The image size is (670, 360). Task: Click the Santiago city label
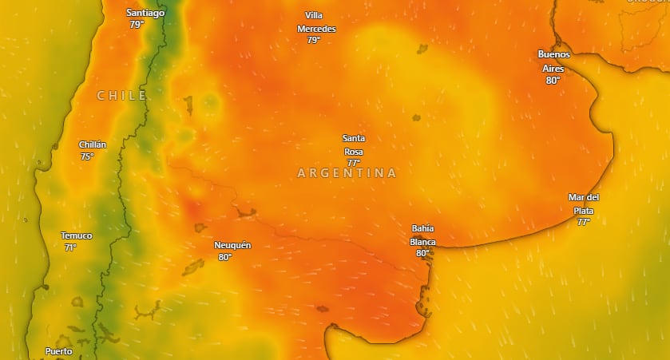145,13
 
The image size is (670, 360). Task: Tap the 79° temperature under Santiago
137,25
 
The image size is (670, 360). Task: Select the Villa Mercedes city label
316,22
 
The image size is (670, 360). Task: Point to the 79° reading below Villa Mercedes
313,40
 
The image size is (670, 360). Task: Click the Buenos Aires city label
553,61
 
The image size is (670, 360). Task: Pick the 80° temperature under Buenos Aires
553,81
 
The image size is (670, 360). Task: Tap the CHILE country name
121,96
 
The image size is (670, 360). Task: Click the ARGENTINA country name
347,173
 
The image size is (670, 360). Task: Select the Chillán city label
93,144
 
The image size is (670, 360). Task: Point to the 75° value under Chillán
87,156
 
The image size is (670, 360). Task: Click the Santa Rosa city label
354,144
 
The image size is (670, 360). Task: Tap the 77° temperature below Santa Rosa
353,163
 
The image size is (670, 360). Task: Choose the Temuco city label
77,235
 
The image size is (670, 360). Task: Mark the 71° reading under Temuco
70,247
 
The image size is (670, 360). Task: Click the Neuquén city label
232,245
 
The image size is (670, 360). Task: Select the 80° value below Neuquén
224,257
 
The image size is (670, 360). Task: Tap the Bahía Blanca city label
422,235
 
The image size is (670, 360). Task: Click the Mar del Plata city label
584,204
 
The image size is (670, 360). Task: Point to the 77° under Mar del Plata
583,222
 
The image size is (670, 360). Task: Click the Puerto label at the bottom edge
58,351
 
